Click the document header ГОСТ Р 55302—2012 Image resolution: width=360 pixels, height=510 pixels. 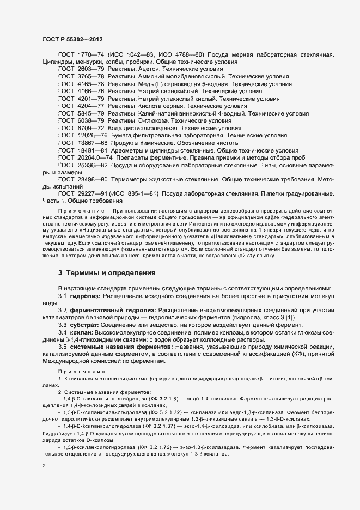click(x=72, y=40)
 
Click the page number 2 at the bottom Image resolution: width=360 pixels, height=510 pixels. click(x=44, y=466)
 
